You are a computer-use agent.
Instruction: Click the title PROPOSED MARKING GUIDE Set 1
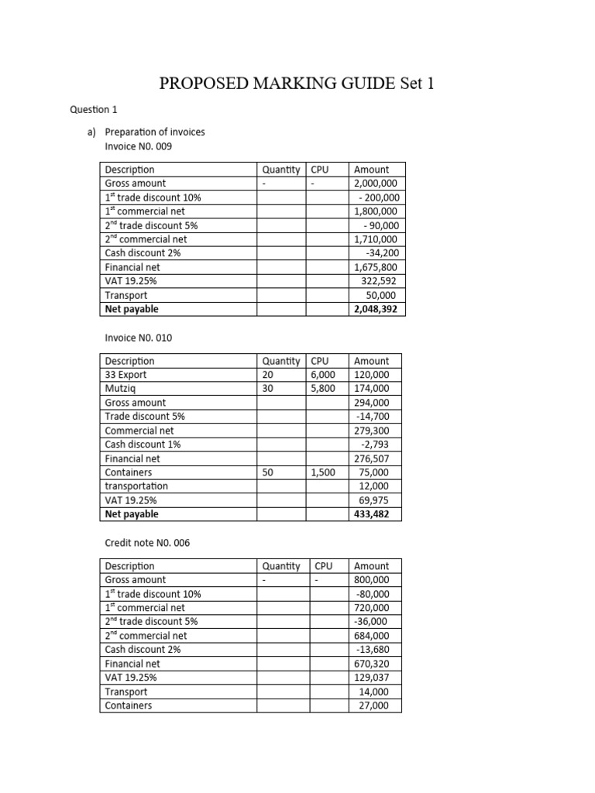297,84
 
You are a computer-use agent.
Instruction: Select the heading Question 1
94,110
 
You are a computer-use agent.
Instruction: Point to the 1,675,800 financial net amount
375,267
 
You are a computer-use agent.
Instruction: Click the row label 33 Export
126,375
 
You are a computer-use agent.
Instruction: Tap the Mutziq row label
121,389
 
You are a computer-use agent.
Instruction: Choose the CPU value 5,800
323,389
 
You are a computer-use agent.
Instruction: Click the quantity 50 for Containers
269,472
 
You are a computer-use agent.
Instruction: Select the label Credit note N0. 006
147,543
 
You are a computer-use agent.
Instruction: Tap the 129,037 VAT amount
377,678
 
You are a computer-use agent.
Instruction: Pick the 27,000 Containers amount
380,705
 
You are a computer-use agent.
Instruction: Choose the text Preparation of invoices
160,132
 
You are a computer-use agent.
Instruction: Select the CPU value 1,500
323,472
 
